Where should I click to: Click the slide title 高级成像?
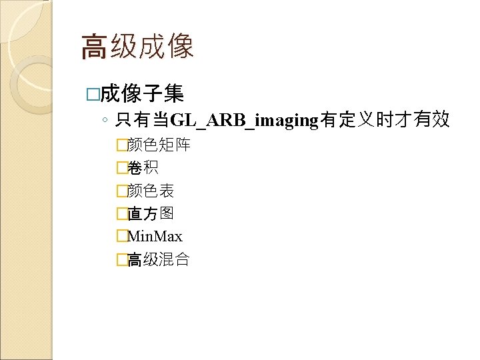tap(137, 47)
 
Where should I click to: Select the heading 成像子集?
tap(142, 93)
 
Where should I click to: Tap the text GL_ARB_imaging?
tap(245, 121)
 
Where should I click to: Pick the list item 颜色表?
tap(150, 191)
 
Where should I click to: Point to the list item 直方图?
tap(150, 213)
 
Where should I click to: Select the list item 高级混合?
tap(158, 259)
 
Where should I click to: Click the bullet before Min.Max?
tap(121, 237)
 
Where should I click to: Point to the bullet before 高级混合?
tap(121, 260)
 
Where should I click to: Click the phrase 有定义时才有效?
tap(385, 121)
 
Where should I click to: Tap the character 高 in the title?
tap(94, 47)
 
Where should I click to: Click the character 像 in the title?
tap(181, 47)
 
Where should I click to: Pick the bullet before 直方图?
tap(121, 214)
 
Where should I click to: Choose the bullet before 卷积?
tap(121, 168)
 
